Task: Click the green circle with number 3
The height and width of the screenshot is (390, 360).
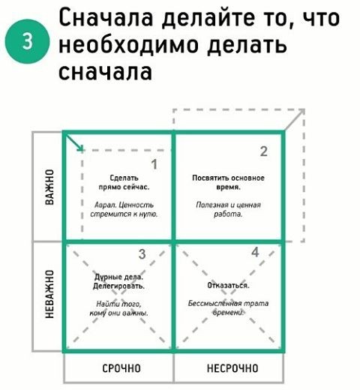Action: [27, 41]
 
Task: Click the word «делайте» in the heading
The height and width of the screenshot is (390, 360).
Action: [208, 18]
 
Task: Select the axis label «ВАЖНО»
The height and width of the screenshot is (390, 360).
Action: [49, 187]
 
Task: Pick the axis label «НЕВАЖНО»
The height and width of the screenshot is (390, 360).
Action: [49, 294]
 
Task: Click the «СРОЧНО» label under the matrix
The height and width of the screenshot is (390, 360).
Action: [121, 368]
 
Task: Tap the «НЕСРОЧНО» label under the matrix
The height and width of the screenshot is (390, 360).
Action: [232, 368]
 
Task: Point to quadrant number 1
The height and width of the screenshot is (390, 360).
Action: [154, 164]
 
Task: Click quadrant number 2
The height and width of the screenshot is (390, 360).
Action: [264, 151]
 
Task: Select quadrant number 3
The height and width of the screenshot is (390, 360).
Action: [142, 254]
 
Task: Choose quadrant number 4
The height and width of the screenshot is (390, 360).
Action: [255, 252]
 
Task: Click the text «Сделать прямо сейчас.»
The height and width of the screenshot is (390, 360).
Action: [124, 182]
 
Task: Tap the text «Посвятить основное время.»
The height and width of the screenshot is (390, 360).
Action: [228, 182]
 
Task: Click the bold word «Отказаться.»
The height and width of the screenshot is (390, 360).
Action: [228, 285]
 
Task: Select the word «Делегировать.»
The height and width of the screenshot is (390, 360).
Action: [118, 286]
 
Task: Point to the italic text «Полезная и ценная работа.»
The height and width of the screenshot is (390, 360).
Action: [228, 209]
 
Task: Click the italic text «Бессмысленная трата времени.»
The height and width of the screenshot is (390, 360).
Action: [228, 307]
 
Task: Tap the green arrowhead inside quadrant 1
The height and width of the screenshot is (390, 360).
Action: [80, 148]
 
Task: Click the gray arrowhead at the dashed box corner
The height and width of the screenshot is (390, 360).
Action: [301, 112]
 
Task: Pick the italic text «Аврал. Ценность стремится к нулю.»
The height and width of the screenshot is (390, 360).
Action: [124, 209]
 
